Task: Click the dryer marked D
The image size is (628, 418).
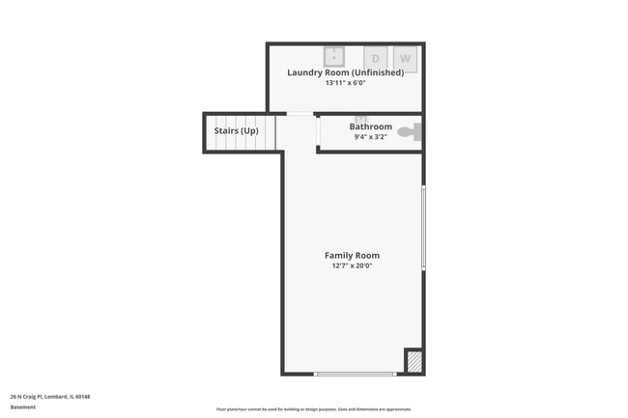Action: (376, 58)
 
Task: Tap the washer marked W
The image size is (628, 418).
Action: (405, 58)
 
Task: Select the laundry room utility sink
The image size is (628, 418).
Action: (334, 56)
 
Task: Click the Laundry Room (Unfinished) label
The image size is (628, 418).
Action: (345, 72)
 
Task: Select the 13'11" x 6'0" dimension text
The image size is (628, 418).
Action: (345, 83)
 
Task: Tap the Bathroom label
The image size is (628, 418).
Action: (371, 126)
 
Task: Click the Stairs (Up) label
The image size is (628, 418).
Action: (237, 130)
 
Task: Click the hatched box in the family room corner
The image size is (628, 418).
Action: (413, 361)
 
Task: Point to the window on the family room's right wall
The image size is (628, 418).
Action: (423, 228)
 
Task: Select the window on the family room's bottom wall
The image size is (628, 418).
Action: (356, 374)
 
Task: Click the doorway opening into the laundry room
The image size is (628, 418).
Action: (300, 115)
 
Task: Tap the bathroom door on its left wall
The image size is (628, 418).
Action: (318, 133)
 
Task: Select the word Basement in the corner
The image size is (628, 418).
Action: (23, 406)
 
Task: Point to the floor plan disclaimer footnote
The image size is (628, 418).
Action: (313, 409)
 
